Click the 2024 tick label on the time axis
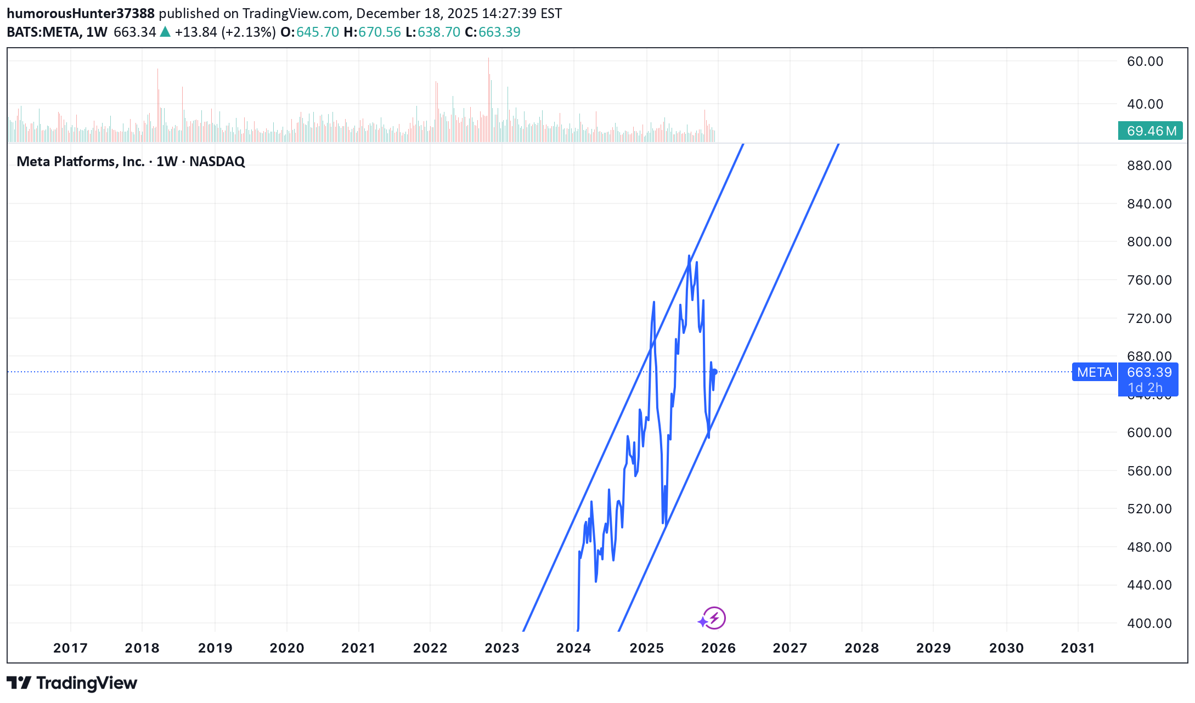[573, 648]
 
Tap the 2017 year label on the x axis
[70, 648]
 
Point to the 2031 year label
[1078, 648]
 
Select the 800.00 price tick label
[1149, 242]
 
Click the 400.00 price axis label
[1149, 623]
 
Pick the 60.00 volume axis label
[1145, 61]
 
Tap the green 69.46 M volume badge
[1151, 131]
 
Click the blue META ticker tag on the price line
[1094, 372]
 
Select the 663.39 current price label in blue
[1149, 372]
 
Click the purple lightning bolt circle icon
[714, 618]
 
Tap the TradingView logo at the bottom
[72, 683]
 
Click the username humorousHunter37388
[81, 13]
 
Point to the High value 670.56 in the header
[379, 32]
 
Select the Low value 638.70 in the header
[438, 32]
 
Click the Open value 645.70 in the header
[318, 32]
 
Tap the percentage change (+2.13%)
[249, 32]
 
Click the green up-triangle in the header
[165, 32]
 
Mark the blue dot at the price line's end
[714, 372]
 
